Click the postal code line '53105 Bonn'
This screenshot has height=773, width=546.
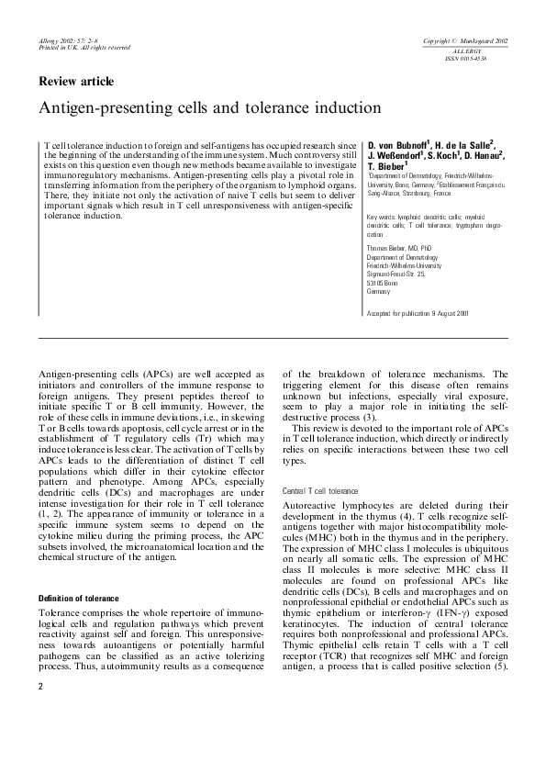(x=383, y=282)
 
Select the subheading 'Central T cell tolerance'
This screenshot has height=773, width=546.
(x=320, y=491)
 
